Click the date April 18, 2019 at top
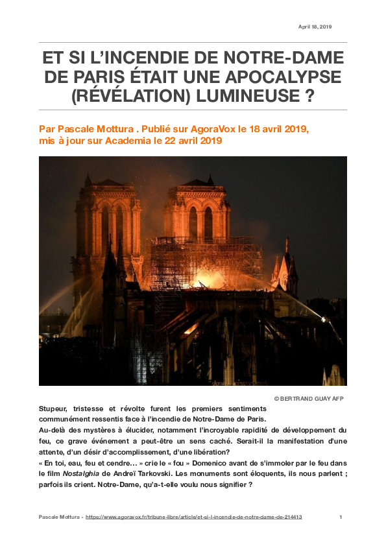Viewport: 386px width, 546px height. point(315,27)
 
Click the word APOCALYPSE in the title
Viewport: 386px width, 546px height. point(285,77)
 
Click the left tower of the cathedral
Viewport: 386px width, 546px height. point(108,220)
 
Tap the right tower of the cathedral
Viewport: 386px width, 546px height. point(198,214)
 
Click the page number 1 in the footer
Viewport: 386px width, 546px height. point(341,517)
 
